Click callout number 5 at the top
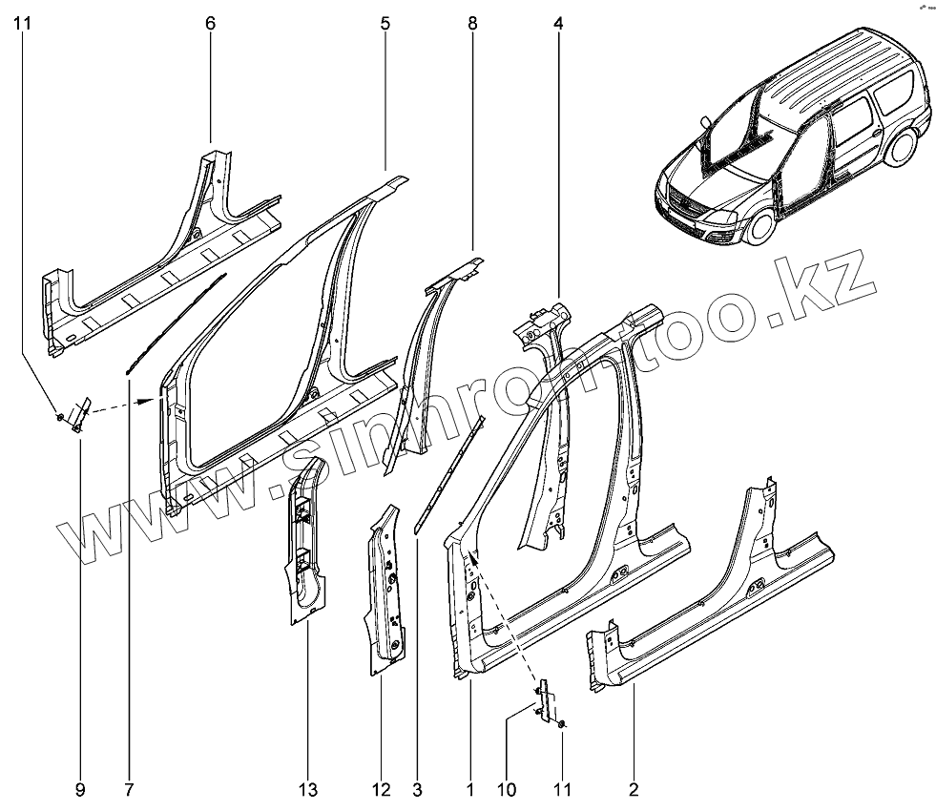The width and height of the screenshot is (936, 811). (x=385, y=23)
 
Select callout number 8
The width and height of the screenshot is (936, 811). (x=472, y=23)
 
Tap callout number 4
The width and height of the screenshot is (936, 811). (x=558, y=23)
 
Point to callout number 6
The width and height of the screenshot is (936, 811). (x=210, y=23)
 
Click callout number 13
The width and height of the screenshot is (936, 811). (x=308, y=789)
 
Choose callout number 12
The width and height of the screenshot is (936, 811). (x=382, y=789)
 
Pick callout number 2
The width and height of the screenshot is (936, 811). (x=634, y=789)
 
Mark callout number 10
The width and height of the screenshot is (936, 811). (x=506, y=789)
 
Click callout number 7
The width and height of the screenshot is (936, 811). (x=128, y=789)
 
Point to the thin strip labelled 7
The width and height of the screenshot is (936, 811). (x=177, y=320)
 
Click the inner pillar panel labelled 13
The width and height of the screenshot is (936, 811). (x=305, y=544)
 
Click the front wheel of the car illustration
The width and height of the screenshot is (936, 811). (x=760, y=227)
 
